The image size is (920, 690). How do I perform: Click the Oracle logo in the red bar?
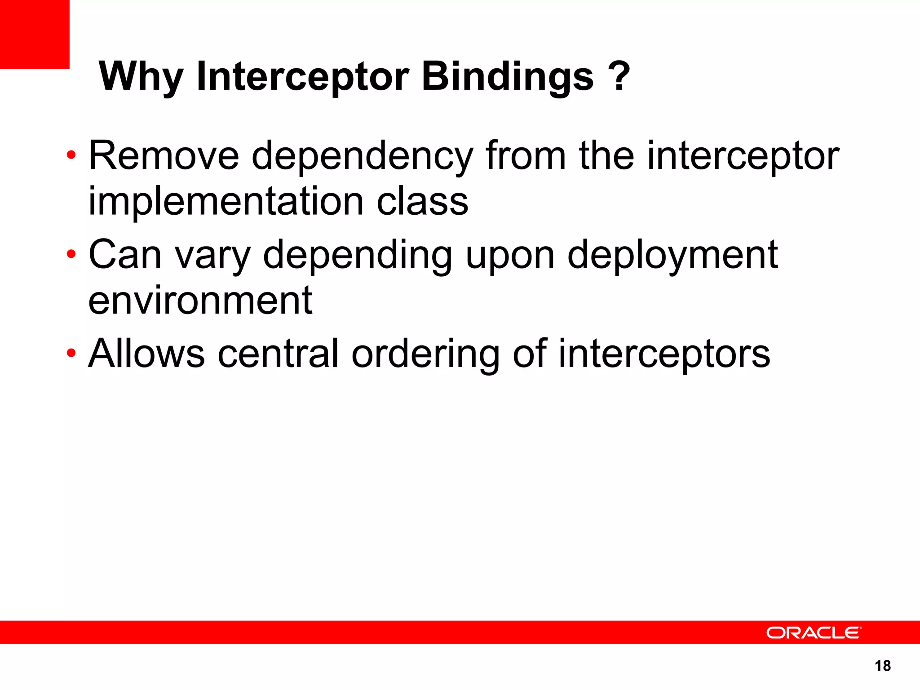[x=814, y=632]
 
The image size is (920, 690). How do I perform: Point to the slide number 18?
[x=883, y=666]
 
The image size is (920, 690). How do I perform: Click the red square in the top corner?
[x=35, y=34]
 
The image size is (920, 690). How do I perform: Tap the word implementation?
[x=226, y=202]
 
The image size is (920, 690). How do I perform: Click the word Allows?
[x=146, y=354]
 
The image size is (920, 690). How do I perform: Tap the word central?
[x=278, y=354]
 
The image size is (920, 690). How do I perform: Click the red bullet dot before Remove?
[x=71, y=156]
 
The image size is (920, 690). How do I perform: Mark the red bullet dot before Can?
[x=71, y=255]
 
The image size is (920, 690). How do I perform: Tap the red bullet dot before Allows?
[x=71, y=354]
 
